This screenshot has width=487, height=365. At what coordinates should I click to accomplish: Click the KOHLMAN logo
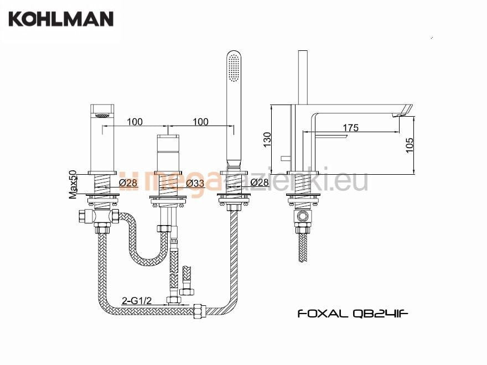[x=61, y=19]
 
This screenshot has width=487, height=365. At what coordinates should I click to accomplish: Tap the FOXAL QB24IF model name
[x=353, y=314]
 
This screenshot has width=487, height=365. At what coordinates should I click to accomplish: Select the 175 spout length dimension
[x=351, y=128]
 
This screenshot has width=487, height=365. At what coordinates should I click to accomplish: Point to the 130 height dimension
[x=267, y=139]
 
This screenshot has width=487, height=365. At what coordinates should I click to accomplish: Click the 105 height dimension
[x=410, y=145]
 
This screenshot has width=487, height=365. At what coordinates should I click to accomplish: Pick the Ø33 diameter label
[x=195, y=184]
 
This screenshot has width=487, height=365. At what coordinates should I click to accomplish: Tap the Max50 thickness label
[x=72, y=184]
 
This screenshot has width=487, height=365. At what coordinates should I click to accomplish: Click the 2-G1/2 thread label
[x=137, y=300]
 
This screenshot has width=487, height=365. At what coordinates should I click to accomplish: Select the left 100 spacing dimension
[x=135, y=122]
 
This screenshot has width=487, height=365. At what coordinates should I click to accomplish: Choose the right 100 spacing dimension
[x=201, y=122]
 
